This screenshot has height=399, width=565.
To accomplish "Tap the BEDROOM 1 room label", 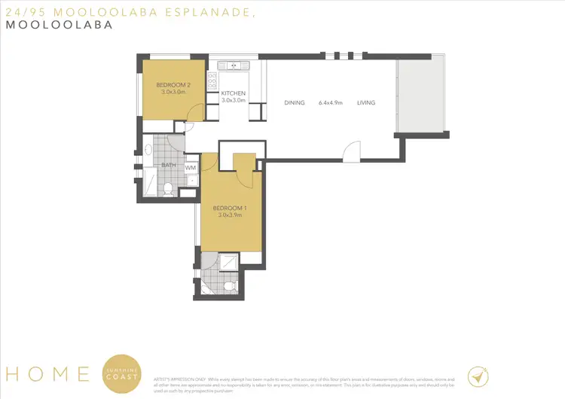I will click(x=228, y=208).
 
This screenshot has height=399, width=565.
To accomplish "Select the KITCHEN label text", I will click(x=234, y=93).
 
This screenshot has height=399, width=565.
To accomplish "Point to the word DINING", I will click(x=294, y=103).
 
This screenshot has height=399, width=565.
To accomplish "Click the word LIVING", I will click(x=366, y=103).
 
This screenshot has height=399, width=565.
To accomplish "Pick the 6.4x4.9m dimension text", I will click(x=330, y=103).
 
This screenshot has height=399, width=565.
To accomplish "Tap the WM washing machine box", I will click(x=191, y=168).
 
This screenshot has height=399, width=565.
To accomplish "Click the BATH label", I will click(x=169, y=166).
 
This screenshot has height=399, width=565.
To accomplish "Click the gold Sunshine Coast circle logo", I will click(x=121, y=373).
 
